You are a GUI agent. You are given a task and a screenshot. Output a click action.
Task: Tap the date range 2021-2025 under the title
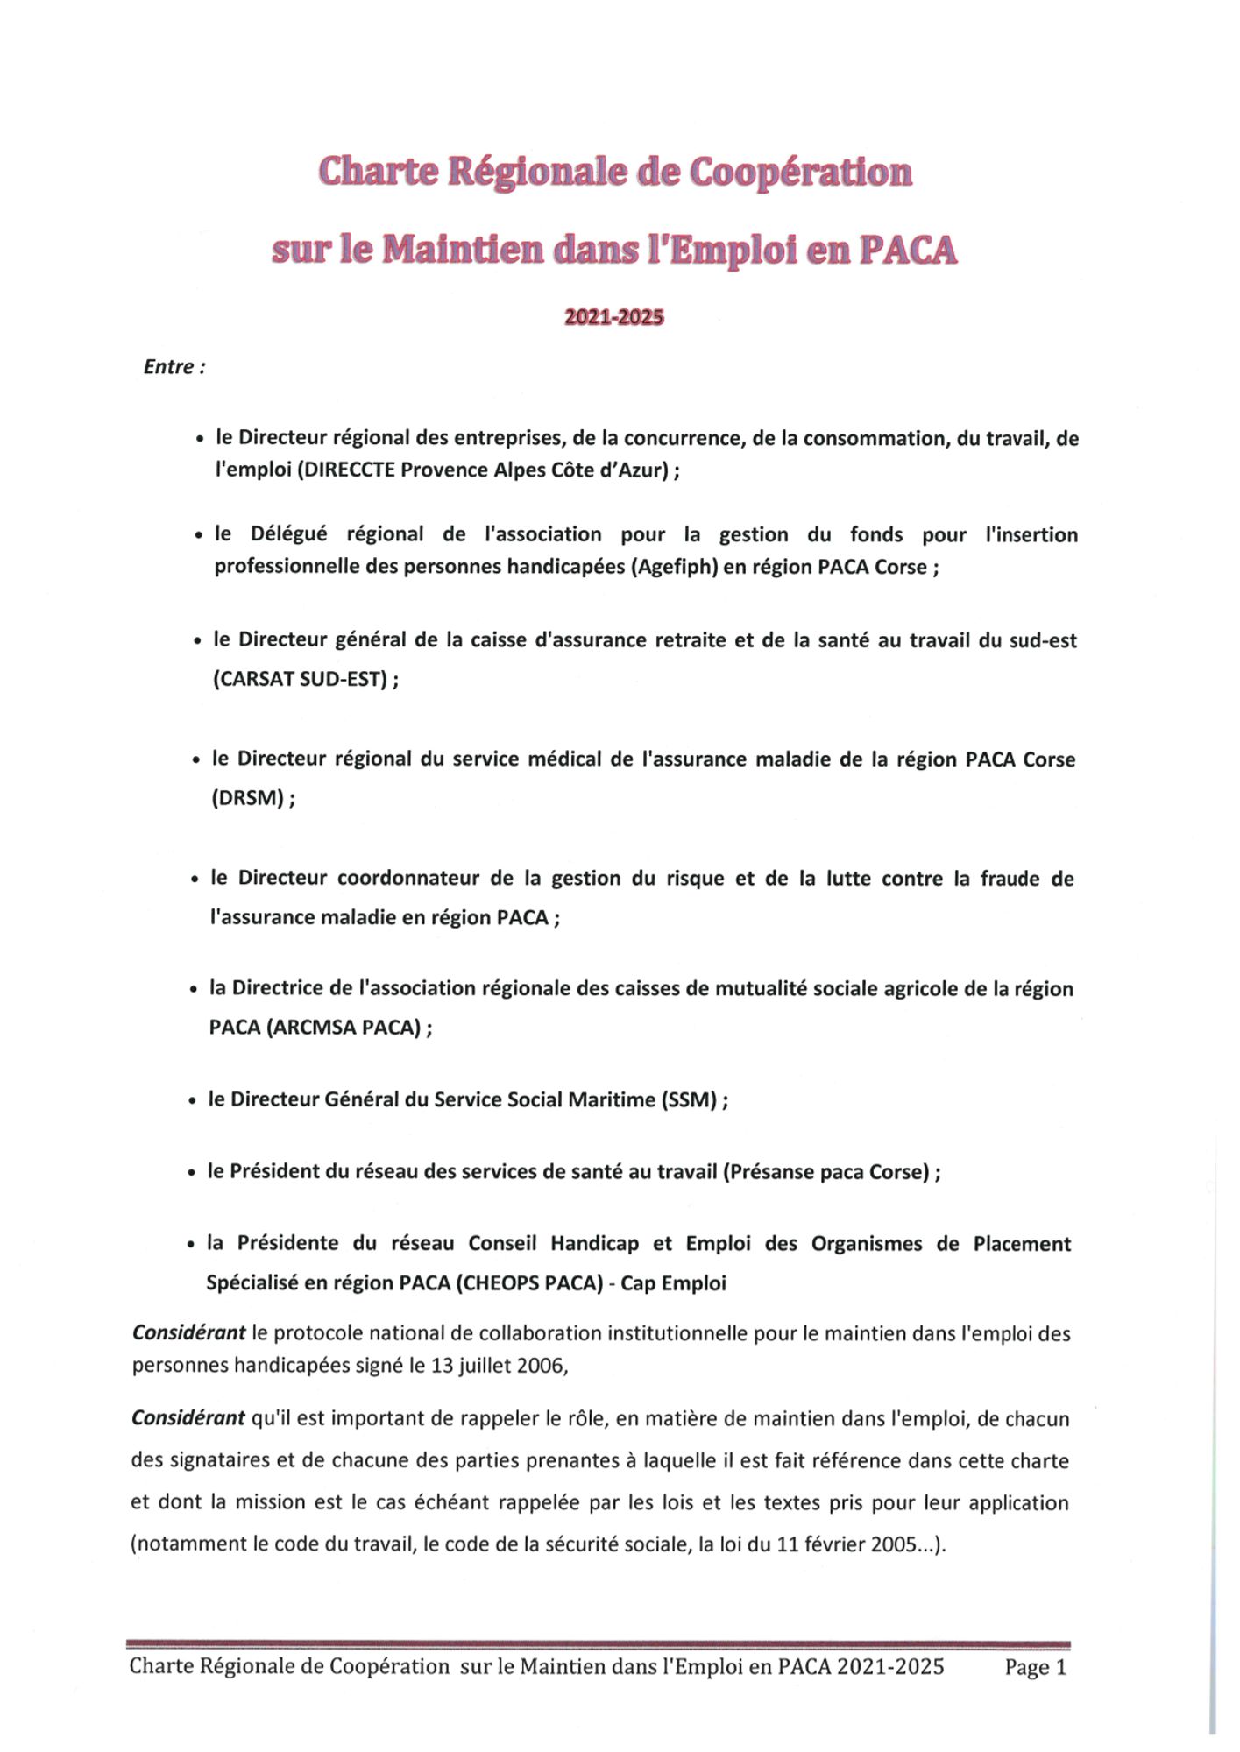coord(613,317)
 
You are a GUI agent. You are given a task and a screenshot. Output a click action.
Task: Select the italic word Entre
coord(169,367)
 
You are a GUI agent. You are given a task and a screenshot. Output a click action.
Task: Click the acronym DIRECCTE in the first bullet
coord(346,470)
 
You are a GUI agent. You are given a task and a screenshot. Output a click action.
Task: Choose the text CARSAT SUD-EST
coord(300,680)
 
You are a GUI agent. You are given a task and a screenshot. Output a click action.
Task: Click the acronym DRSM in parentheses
coord(248,799)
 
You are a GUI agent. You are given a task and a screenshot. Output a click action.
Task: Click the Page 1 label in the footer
coord(1035,1667)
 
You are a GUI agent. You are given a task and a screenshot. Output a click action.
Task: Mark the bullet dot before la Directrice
coord(193,990)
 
